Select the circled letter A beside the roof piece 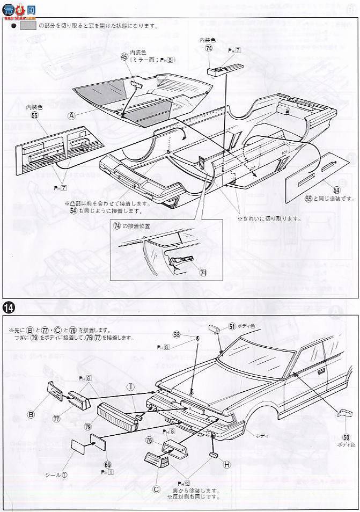(71, 115)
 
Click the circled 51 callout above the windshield (232, 326)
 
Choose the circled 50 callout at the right (346, 437)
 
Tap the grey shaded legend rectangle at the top (26, 25)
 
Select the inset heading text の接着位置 (137, 226)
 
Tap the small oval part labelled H (214, 455)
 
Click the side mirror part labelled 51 (212, 328)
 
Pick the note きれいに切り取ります (268, 218)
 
